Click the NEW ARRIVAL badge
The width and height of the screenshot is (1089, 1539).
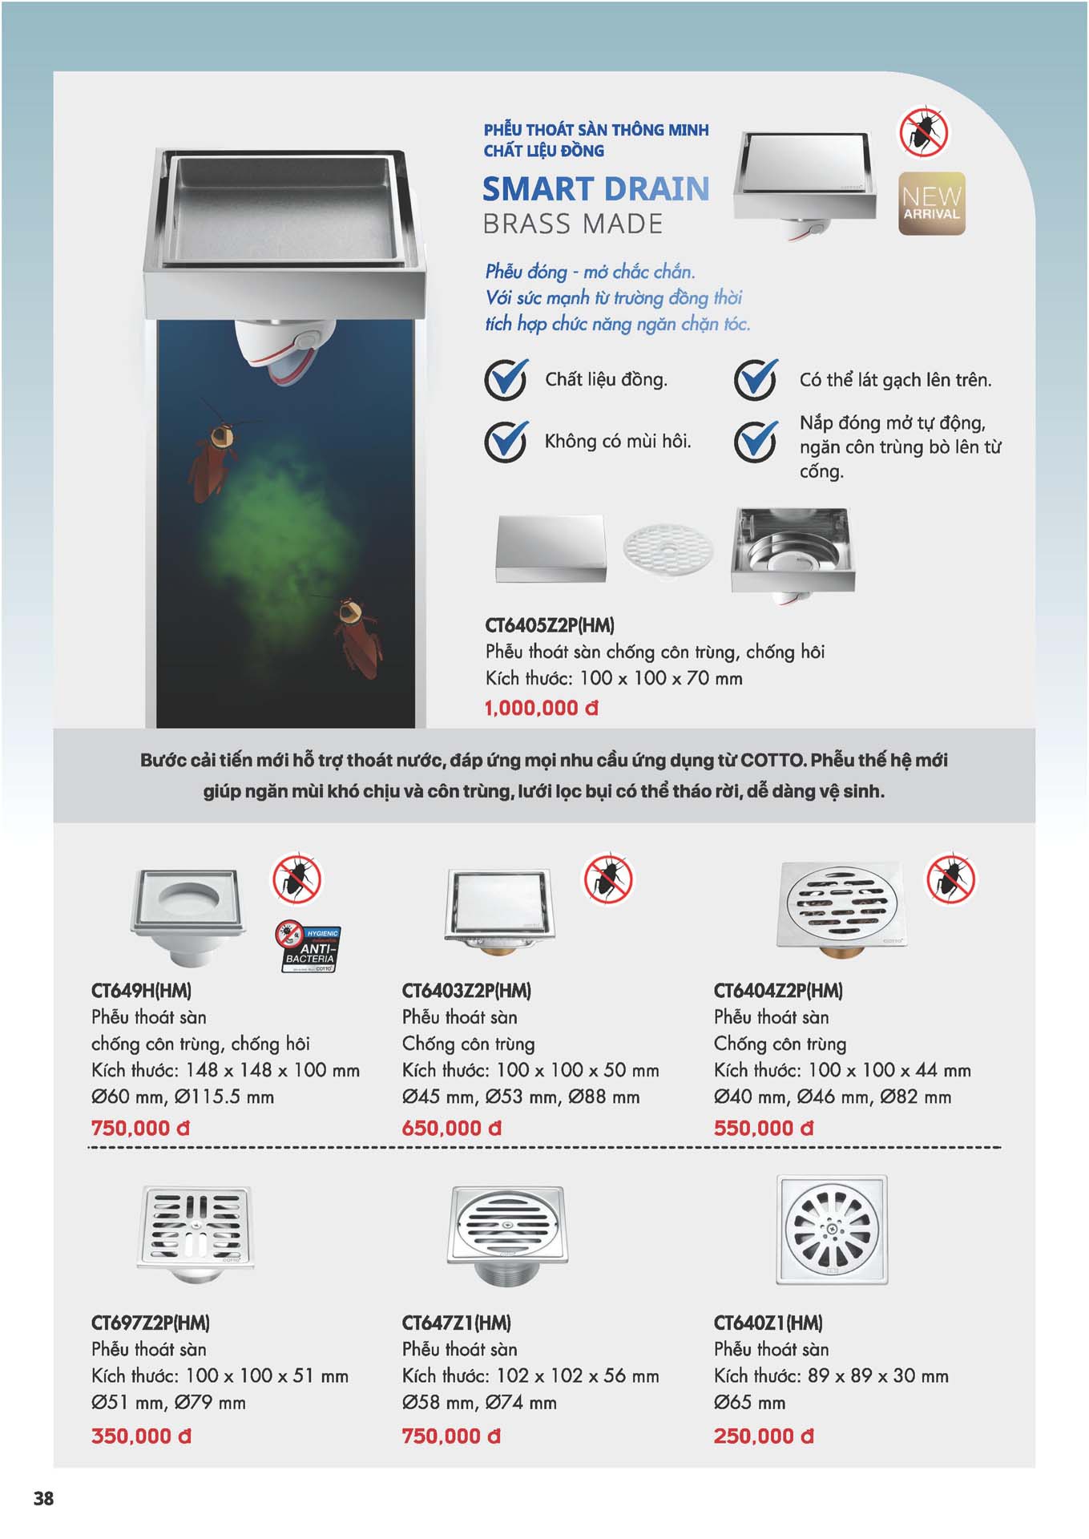(x=931, y=204)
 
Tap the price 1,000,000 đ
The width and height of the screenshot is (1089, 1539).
(x=541, y=709)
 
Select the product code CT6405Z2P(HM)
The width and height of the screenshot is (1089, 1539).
(x=550, y=625)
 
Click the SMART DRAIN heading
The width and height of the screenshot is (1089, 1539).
(x=595, y=189)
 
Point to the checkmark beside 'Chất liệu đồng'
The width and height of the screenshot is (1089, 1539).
(x=506, y=379)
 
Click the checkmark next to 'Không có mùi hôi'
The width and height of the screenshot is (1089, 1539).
(x=506, y=441)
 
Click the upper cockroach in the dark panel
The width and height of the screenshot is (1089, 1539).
(x=215, y=457)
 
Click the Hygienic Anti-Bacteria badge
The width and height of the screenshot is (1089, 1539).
(x=309, y=947)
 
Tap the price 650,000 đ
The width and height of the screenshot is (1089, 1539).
(x=451, y=1129)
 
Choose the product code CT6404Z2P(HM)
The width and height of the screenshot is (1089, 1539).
(x=778, y=991)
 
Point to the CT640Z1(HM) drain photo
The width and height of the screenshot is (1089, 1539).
(x=832, y=1230)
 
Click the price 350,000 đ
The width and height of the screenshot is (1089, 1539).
(x=141, y=1436)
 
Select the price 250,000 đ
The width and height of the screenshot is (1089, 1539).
(x=763, y=1436)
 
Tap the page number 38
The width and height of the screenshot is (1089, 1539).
(x=44, y=1498)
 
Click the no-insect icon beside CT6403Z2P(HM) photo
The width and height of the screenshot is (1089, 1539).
(x=607, y=879)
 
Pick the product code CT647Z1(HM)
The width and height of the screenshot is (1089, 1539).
(x=457, y=1323)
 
